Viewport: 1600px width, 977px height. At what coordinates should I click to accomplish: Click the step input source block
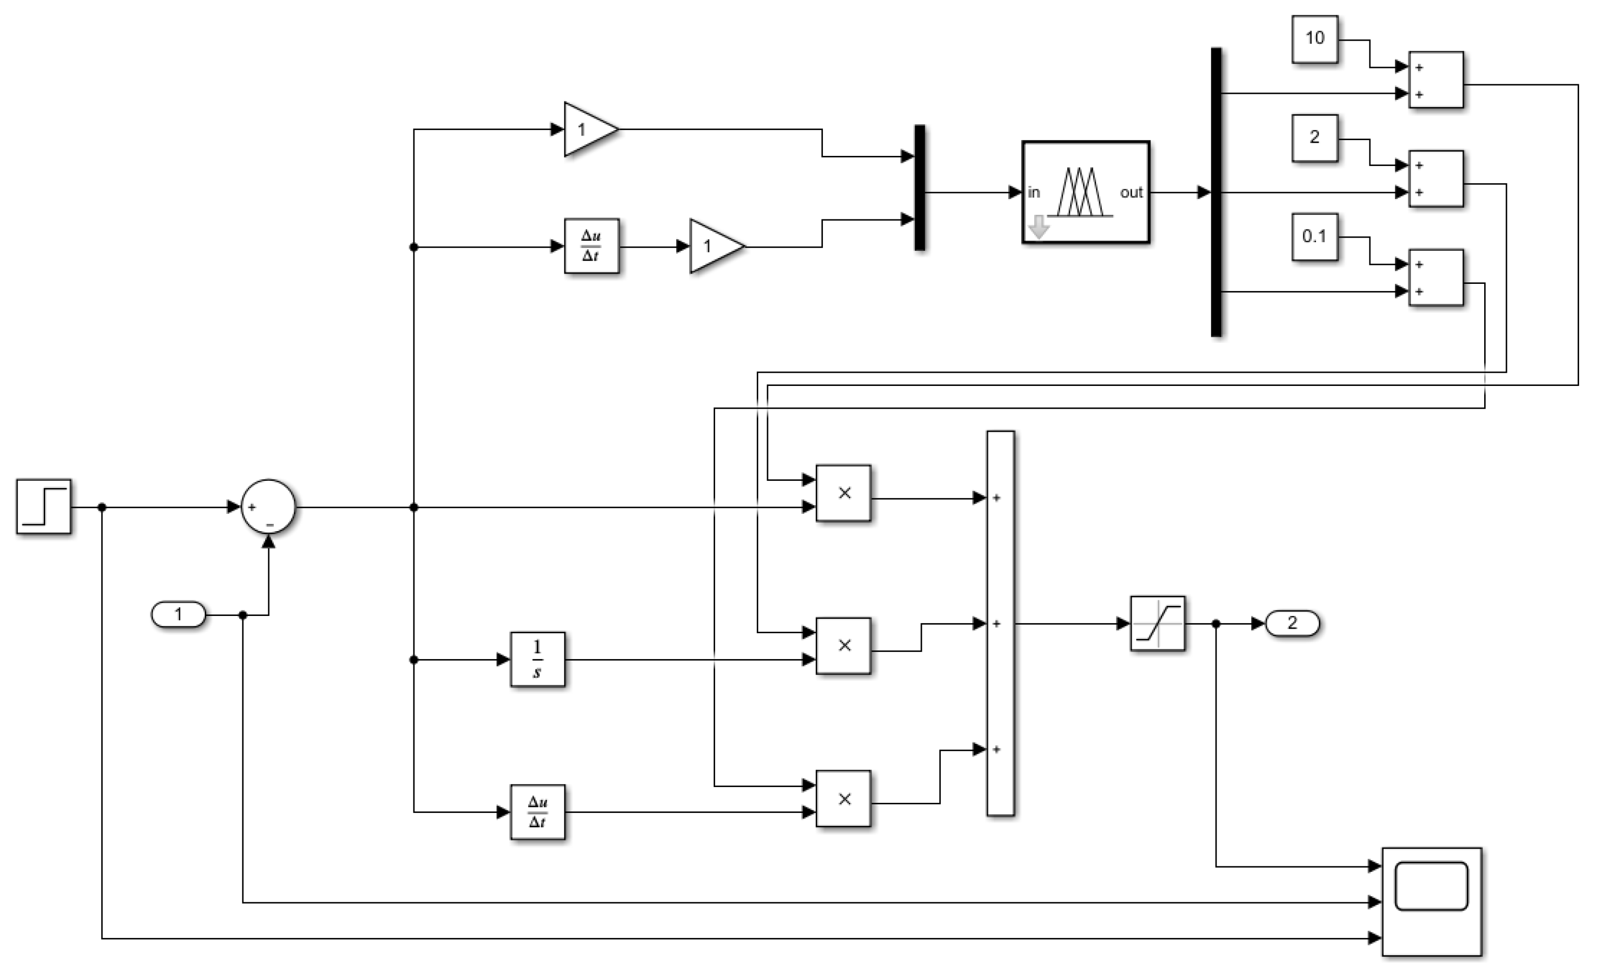point(44,506)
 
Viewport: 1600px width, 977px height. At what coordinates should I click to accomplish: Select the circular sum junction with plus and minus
point(268,506)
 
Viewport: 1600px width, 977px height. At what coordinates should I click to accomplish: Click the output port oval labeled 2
point(1292,623)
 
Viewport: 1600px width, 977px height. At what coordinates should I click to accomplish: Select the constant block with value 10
point(1315,39)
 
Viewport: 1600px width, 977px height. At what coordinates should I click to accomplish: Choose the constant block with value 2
point(1315,138)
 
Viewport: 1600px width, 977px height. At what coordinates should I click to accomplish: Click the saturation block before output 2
point(1157,623)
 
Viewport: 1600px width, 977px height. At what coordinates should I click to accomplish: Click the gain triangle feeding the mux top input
point(588,129)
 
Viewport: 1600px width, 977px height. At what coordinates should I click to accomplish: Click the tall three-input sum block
point(1000,623)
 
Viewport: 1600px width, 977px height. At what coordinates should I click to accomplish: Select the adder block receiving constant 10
point(1436,80)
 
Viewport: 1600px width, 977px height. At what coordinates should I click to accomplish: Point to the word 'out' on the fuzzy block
point(1131,192)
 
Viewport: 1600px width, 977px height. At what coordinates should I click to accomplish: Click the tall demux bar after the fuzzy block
point(1215,192)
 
